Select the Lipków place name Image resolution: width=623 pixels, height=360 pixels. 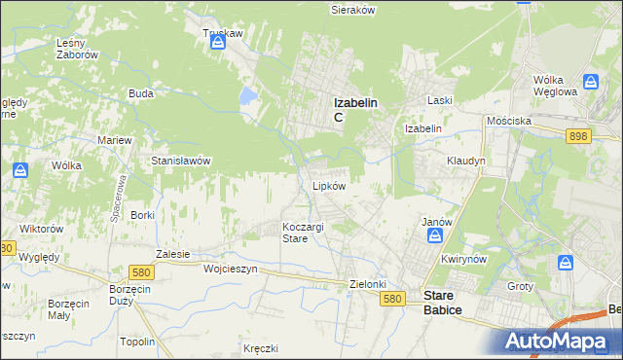click(329, 186)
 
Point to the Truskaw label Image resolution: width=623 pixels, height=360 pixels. click(222, 33)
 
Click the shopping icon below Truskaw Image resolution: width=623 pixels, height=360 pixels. click(220, 42)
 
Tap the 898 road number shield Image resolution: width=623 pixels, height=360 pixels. click(577, 137)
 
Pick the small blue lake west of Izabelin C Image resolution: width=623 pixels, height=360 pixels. click(248, 96)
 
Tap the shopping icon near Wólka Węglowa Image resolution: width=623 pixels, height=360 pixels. click(590, 82)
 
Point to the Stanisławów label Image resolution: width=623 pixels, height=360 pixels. click(181, 161)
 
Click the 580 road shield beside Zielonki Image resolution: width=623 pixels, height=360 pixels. click(392, 301)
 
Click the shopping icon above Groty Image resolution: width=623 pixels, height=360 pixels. click(566, 263)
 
